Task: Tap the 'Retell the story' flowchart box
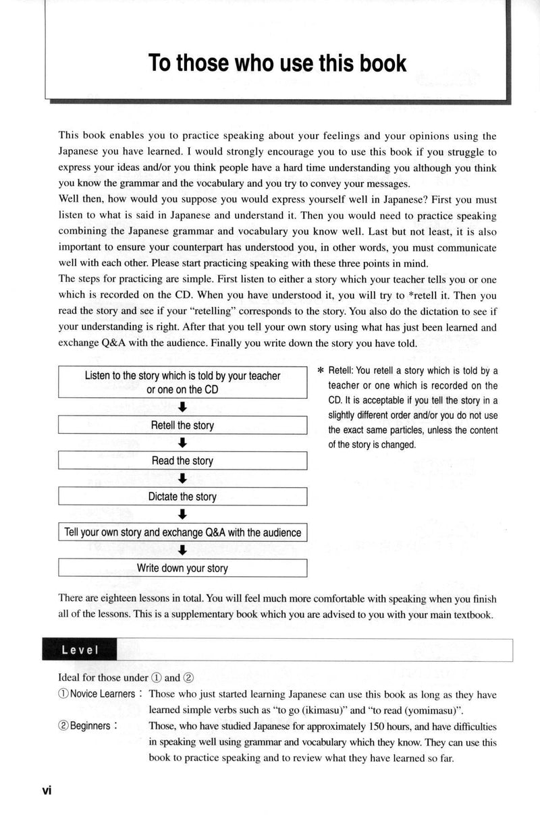click(x=182, y=426)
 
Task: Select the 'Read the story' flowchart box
click(x=182, y=461)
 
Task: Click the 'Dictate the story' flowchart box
click(x=182, y=497)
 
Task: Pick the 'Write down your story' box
click(x=182, y=568)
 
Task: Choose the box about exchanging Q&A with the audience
click(x=182, y=532)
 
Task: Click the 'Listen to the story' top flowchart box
click(x=182, y=383)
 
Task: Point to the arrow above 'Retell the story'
click(x=182, y=407)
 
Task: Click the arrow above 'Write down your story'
click(x=182, y=550)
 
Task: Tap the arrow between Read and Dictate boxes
click(x=182, y=479)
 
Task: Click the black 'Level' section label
click(x=79, y=650)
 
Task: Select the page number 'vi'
click(x=47, y=790)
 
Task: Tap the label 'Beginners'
click(x=88, y=727)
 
